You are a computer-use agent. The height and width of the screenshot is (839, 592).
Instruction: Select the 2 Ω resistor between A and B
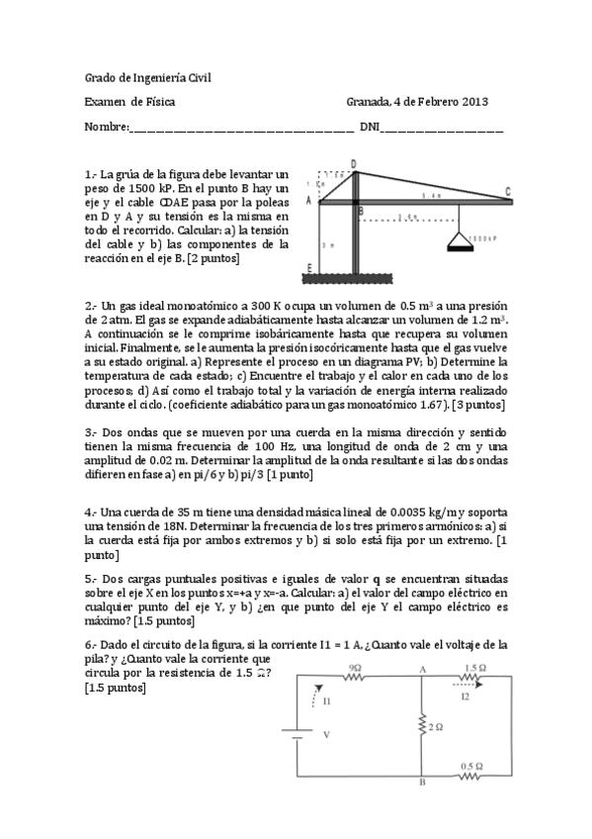click(x=421, y=727)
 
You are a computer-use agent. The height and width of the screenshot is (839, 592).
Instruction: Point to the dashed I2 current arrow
click(x=468, y=683)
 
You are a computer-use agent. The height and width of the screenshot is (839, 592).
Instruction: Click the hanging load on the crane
click(x=458, y=239)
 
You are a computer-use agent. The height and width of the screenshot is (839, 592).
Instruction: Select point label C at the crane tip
click(x=535, y=192)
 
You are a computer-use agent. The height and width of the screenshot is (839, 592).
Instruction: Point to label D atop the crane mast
click(x=354, y=164)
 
